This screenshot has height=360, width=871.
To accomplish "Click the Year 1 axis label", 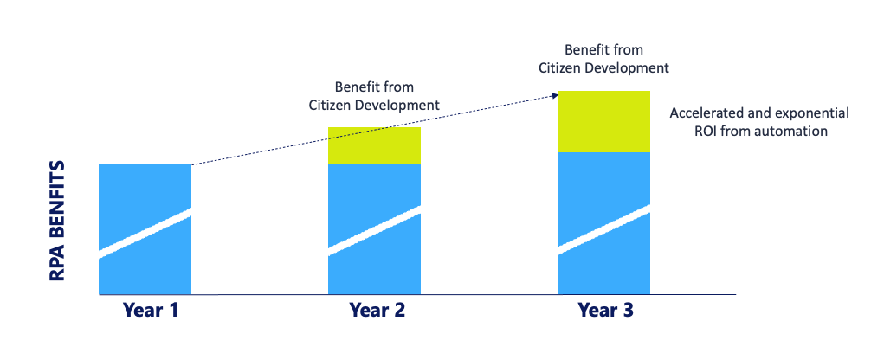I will tap(151, 310).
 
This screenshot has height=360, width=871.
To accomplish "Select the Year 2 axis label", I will tap(377, 310).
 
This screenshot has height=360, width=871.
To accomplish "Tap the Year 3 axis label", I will tap(606, 310).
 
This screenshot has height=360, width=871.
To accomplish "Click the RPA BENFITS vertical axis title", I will tap(58, 221).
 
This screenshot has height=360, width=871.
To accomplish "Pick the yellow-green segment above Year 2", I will tap(374, 145).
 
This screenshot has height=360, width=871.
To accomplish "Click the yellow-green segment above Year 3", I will tap(603, 121).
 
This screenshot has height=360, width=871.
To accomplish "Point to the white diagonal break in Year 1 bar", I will tap(145, 234).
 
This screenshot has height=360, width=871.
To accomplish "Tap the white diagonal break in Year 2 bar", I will tap(374, 231).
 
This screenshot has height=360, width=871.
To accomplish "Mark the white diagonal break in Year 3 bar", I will tap(603, 229).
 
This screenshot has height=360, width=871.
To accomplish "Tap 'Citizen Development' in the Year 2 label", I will tap(374, 105).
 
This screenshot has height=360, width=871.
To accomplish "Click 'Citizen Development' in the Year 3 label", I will tap(603, 67).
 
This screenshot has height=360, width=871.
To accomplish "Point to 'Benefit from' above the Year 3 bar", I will tap(603, 49).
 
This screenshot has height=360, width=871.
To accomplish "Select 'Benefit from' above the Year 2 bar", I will tap(374, 87).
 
